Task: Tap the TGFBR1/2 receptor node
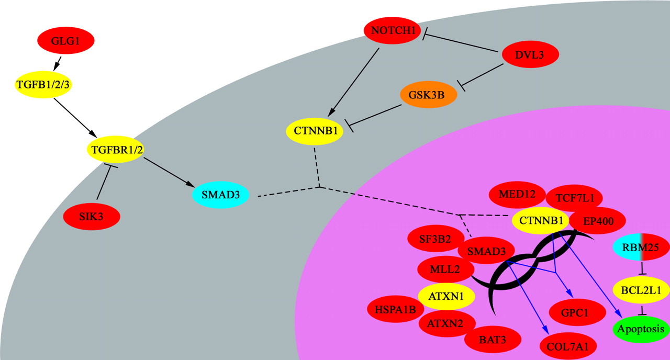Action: point(115,150)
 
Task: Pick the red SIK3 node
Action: point(91,216)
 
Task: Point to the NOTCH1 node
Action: point(393,31)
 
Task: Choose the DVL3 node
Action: point(530,54)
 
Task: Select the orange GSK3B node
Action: point(429,95)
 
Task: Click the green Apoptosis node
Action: point(641,329)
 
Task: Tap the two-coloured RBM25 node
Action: point(641,247)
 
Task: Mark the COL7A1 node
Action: point(568,346)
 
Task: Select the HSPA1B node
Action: point(395,309)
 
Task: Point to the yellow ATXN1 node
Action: point(446,296)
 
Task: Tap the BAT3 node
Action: point(493,340)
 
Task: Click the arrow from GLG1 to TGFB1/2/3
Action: point(58,63)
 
